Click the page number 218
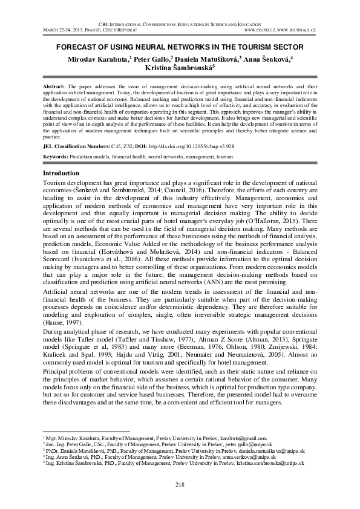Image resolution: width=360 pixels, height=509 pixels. coord(180,485)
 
